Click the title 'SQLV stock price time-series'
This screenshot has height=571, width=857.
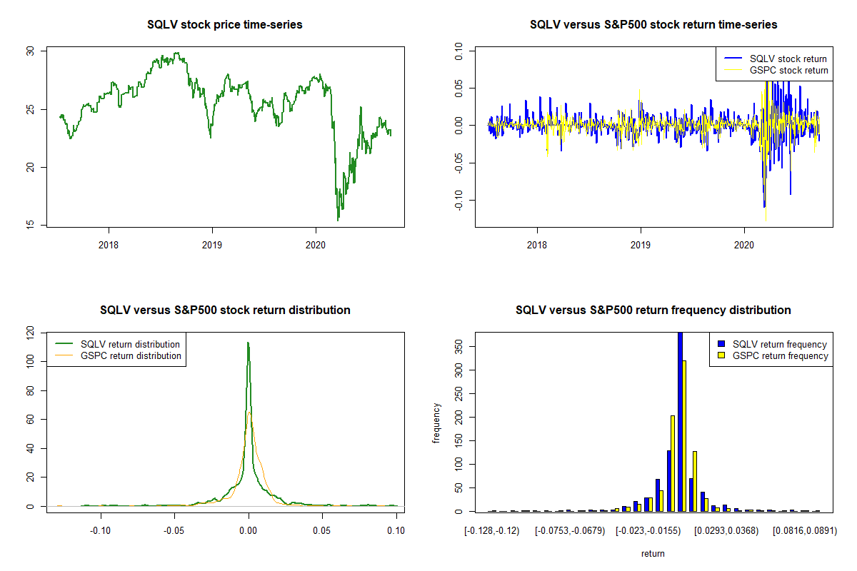click(225, 25)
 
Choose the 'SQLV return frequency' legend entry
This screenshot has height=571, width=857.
click(779, 345)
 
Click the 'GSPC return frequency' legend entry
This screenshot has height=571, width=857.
click(779, 355)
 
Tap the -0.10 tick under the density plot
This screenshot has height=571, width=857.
click(101, 530)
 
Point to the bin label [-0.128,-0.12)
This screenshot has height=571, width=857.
click(492, 531)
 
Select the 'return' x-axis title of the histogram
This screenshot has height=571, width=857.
click(653, 553)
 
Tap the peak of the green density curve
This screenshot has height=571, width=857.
click(248, 343)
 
